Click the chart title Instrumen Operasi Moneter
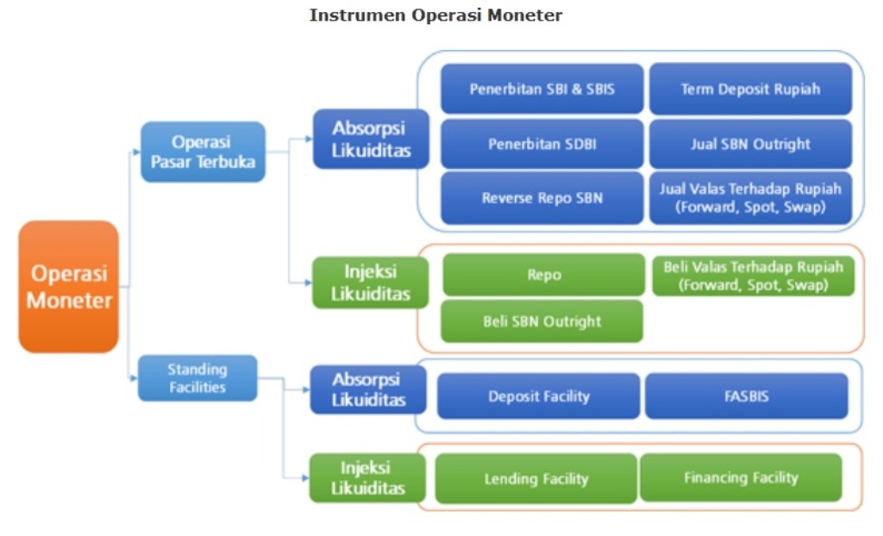coord(435,16)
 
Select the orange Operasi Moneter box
coord(69,287)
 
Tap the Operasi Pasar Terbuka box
coord(204,152)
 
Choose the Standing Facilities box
coord(197,377)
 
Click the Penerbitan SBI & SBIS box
coord(542,89)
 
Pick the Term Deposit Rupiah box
coord(750,89)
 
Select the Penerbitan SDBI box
coord(542,144)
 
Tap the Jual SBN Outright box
coord(750,144)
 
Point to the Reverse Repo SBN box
coord(542,198)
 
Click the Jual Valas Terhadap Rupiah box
coord(750,198)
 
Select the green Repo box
coord(543,275)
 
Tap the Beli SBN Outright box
coord(542,321)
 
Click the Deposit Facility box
coord(539,396)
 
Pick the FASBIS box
coord(747,396)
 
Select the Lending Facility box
coord(535,478)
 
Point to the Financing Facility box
coord(741,477)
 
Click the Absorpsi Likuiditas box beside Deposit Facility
coord(368,390)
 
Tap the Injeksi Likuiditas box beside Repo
coord(370,282)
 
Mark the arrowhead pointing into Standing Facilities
coord(134,377)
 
